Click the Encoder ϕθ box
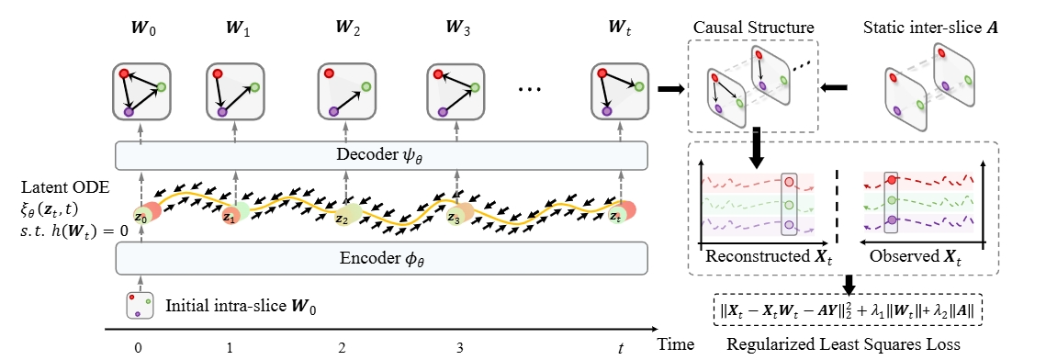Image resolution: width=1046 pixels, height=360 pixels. (382, 259)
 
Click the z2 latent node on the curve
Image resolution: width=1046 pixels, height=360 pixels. (342, 219)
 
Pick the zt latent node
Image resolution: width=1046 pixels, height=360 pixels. (616, 217)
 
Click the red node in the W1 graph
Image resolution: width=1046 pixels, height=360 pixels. (218, 73)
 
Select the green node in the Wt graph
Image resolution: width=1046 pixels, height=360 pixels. (639, 87)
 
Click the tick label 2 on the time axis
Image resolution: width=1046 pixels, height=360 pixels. (342, 349)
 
